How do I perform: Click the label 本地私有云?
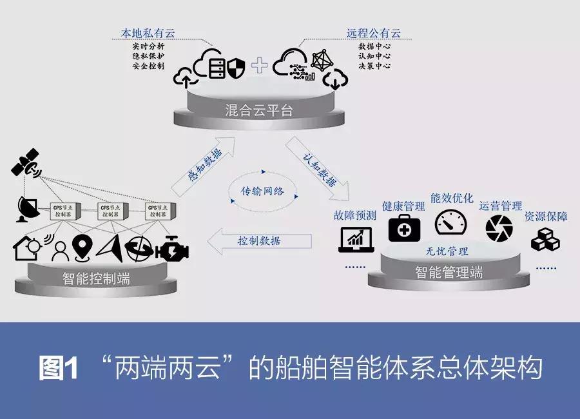148,33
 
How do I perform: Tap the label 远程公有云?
374,33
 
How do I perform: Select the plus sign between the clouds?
260,64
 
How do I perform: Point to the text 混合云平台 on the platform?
260,110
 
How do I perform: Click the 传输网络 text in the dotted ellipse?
262,191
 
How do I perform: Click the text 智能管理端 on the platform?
449,273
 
